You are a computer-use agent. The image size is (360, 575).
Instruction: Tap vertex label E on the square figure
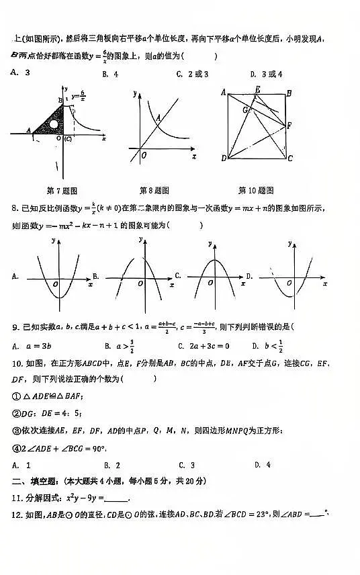[257, 90]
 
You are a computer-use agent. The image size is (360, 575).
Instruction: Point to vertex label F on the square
[289, 125]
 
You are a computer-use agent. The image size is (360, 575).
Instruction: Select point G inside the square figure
[245, 109]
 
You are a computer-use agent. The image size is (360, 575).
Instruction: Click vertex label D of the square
[223, 159]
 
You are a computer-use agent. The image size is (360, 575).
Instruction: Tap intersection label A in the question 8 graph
[159, 118]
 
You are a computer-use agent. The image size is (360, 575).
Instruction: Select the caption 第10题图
[256, 190]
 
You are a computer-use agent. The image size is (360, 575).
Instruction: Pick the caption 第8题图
[154, 190]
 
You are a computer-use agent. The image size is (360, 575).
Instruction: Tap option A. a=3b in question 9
[29, 346]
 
